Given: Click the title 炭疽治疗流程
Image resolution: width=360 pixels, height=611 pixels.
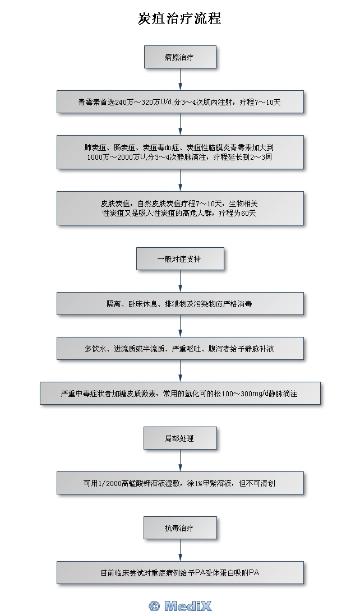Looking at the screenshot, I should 179,19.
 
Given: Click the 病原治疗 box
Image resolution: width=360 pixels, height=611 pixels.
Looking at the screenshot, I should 180,57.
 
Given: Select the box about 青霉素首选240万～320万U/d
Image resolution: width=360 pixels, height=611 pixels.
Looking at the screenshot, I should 180,102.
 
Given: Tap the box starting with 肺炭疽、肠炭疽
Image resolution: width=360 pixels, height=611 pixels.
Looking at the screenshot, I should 180,152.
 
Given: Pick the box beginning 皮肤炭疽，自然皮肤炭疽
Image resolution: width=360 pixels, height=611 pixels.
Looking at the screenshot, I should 180,208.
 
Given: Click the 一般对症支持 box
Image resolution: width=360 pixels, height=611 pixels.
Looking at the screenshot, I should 180,259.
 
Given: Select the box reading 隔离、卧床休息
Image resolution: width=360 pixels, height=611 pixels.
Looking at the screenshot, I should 180,303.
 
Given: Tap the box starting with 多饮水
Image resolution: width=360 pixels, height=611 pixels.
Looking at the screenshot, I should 180,348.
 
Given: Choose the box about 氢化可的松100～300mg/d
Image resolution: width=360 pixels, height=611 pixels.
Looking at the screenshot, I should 180,393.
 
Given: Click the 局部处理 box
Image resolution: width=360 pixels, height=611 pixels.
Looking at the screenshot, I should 180,438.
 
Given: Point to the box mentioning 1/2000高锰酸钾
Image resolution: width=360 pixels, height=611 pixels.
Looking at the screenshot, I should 180,483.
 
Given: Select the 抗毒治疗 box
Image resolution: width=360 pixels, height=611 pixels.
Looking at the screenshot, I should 180,527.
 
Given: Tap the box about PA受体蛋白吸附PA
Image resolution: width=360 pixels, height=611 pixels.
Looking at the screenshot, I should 180,572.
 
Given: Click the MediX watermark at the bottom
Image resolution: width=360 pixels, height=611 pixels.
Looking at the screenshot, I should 180,605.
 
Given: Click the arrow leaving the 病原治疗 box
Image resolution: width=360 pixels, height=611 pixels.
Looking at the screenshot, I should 180,80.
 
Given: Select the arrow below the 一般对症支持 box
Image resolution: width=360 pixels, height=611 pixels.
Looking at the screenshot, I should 180,281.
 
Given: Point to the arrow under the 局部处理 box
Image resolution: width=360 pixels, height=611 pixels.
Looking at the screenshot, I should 180,460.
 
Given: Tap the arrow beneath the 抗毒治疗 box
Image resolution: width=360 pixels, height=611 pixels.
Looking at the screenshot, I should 180,550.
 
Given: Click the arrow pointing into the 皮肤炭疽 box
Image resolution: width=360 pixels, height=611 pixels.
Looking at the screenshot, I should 180,180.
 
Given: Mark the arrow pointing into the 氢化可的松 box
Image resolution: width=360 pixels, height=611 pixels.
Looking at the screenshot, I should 180,371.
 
